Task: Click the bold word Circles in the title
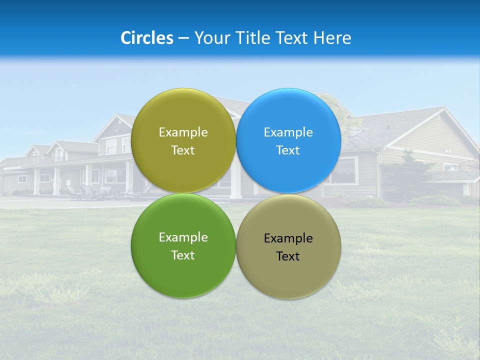(x=146, y=37)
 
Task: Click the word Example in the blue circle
(x=288, y=132)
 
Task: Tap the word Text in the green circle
(x=183, y=255)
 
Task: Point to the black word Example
(x=288, y=238)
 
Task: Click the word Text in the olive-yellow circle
(x=183, y=150)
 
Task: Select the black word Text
(x=288, y=256)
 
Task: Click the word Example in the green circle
(x=183, y=237)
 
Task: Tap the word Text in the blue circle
(x=288, y=150)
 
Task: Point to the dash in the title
(x=183, y=38)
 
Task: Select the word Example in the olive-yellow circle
(x=183, y=132)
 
